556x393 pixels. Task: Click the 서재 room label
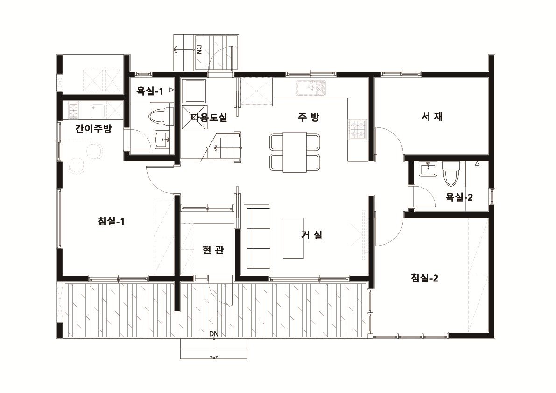(432, 117)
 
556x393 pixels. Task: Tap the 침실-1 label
(111, 222)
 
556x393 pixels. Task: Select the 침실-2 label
(424, 278)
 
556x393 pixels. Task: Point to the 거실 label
(312, 234)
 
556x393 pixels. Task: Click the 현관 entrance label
(213, 250)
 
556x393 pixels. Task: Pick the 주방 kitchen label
(309, 117)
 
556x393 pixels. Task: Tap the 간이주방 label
(93, 128)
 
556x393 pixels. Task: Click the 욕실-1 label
(150, 91)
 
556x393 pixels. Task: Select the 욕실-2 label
(459, 197)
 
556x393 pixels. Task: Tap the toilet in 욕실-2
(450, 174)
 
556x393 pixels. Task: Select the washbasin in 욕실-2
(429, 169)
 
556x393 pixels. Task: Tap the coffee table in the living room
(293, 238)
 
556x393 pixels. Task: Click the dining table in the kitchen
(294, 152)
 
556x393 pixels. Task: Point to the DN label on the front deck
(214, 334)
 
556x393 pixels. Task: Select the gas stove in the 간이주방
(73, 110)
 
